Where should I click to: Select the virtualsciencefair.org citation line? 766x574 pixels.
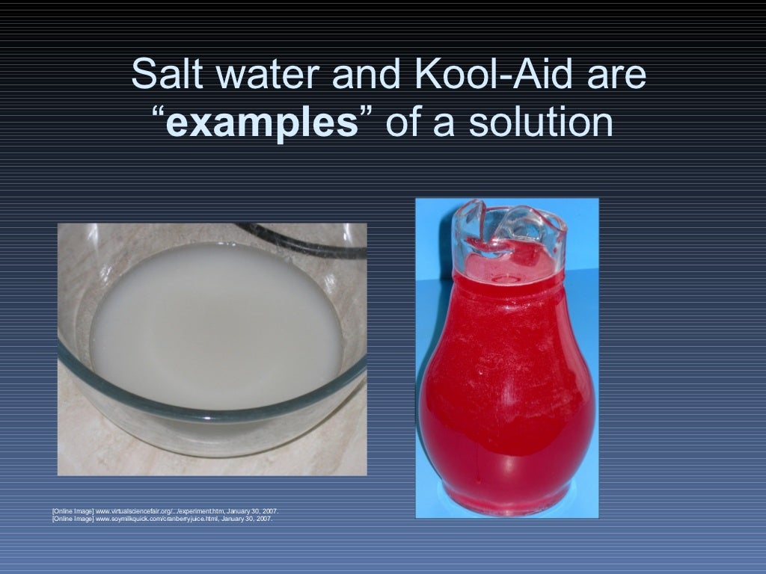pos(166,511)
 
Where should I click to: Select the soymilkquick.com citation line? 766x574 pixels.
pos(162,517)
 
